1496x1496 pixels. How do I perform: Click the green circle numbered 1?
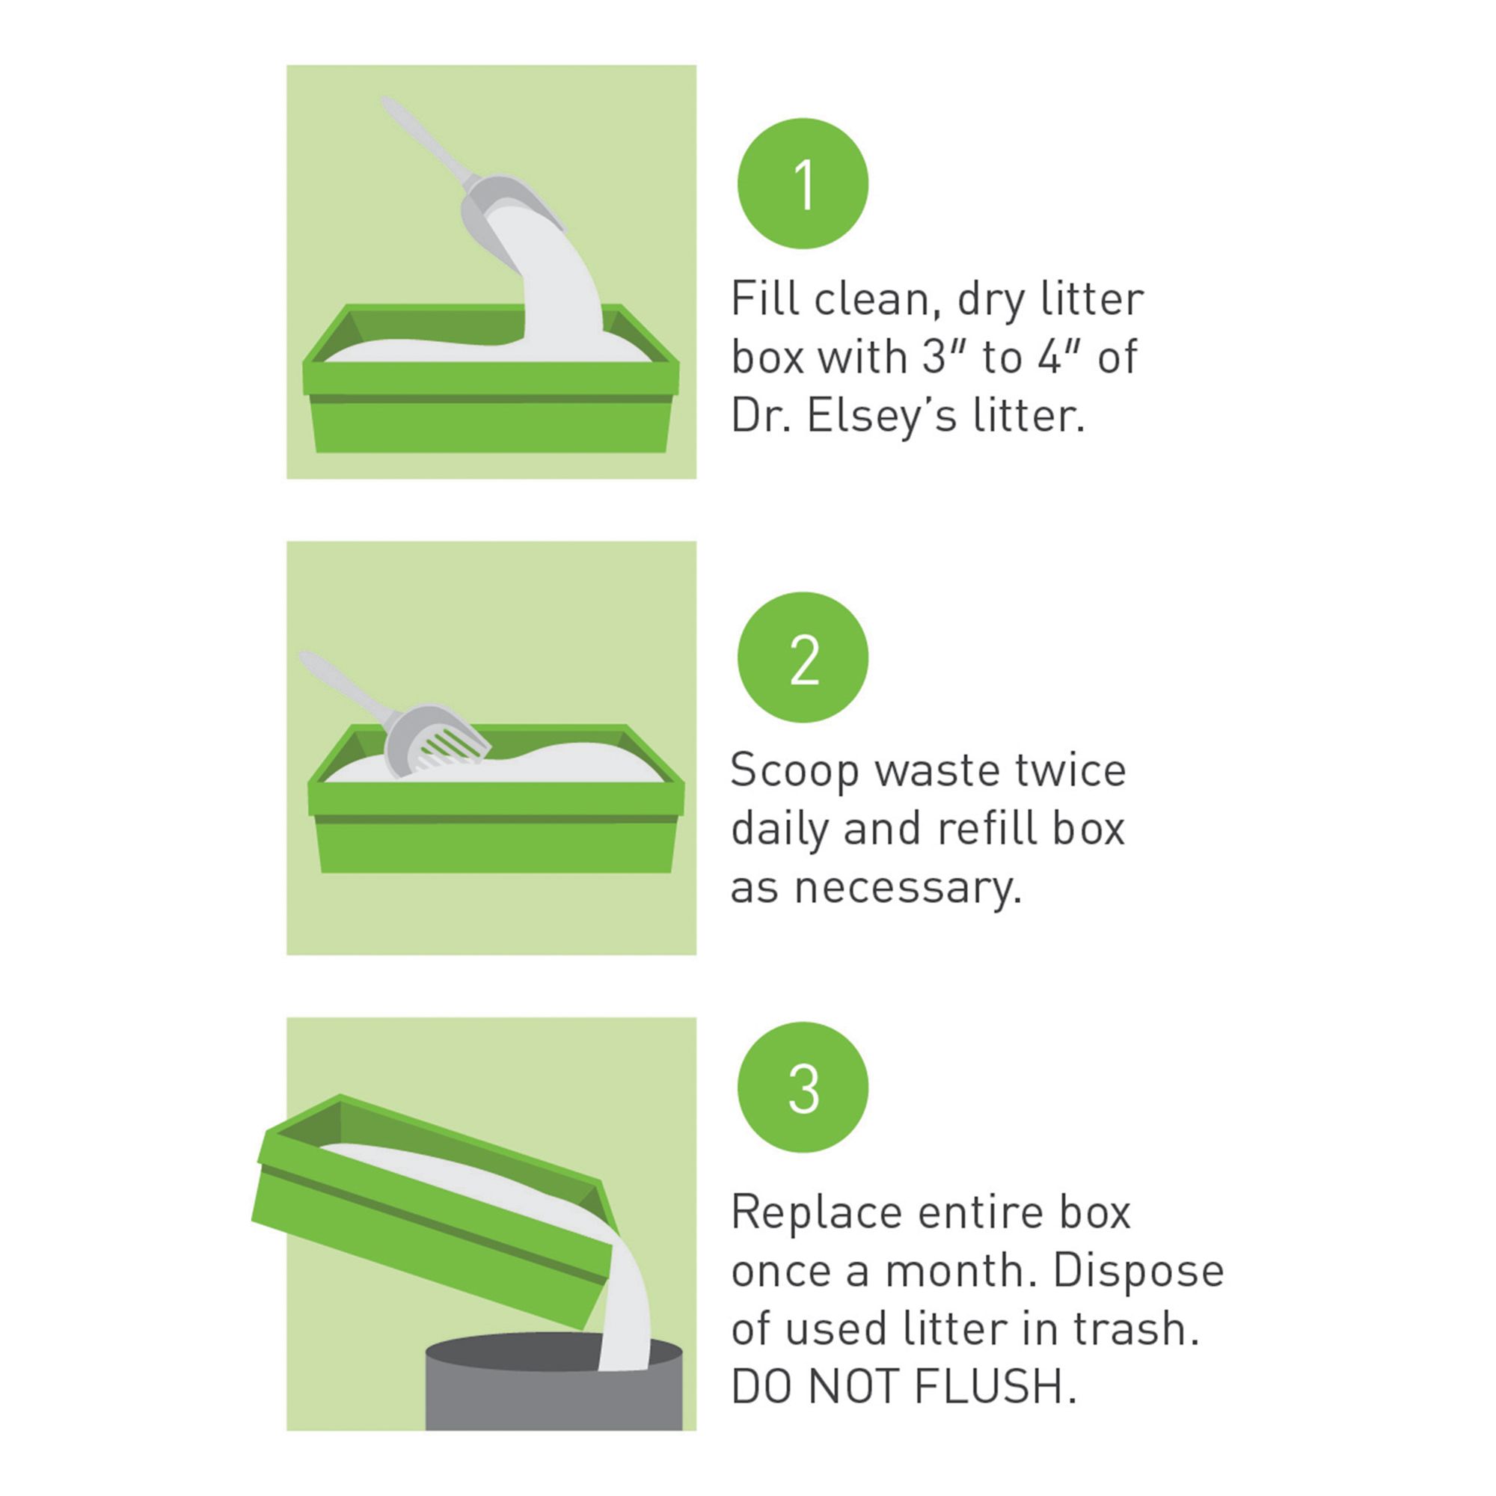[x=802, y=183]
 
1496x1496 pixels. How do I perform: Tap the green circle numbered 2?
[x=802, y=657]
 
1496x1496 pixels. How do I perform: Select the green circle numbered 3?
[x=802, y=1087]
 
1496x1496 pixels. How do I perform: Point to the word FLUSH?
[x=995, y=1387]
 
